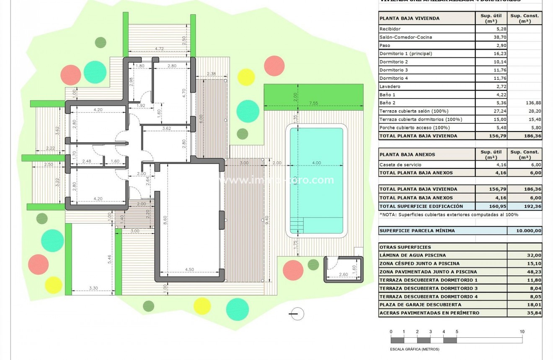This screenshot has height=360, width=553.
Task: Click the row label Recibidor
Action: (x=390, y=29)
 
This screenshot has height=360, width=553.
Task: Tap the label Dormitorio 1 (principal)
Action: (x=405, y=54)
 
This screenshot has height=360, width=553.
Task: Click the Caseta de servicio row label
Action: (x=400, y=165)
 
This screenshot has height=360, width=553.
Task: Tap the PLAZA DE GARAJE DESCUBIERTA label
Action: (x=420, y=305)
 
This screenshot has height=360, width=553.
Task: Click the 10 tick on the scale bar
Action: (x=522, y=332)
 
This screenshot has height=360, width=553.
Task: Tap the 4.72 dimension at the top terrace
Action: (x=159, y=49)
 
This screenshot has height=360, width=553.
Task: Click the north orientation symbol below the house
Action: (x=297, y=313)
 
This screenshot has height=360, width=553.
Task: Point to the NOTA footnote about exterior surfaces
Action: (x=449, y=215)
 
